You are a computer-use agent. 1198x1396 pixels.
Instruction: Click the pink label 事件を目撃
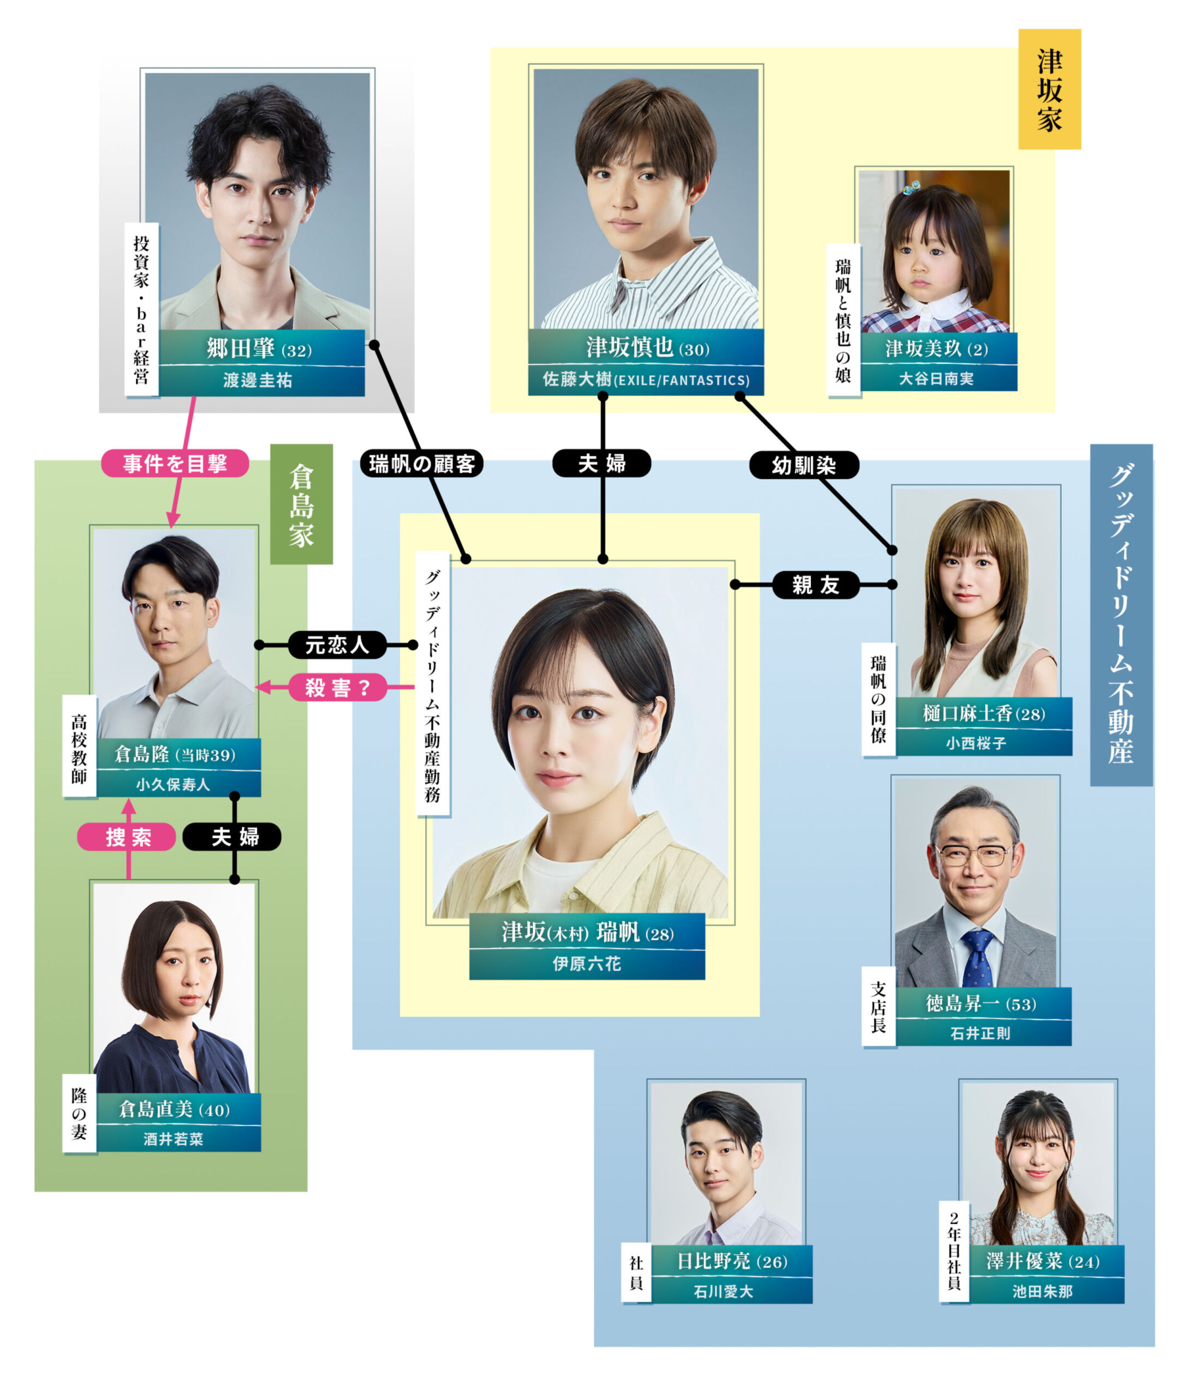(175, 464)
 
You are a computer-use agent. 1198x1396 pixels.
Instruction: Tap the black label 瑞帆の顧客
(421, 464)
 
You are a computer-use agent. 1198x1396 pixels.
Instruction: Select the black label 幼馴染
(803, 465)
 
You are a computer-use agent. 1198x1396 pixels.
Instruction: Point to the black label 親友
(816, 585)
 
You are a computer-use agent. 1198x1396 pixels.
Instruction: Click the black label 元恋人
(337, 645)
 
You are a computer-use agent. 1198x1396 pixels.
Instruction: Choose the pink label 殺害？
(337, 687)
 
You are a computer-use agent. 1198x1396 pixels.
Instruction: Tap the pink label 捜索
(127, 837)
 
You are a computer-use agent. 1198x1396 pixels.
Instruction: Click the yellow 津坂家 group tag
(1049, 89)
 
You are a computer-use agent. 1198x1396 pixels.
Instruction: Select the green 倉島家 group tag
(301, 504)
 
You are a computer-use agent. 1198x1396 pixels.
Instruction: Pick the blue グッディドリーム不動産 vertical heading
(1120, 615)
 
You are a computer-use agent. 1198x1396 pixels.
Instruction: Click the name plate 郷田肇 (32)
(260, 348)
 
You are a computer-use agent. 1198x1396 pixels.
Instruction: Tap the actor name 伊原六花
(587, 964)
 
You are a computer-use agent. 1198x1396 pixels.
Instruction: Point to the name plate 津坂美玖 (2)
(937, 348)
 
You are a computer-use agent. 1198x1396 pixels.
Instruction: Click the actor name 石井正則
(980, 1033)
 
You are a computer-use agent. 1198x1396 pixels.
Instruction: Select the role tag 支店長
(878, 1007)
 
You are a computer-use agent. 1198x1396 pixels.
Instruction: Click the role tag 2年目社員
(954, 1251)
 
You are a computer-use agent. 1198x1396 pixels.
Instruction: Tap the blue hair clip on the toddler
(912, 186)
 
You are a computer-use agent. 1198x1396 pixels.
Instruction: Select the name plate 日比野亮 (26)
(731, 1261)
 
